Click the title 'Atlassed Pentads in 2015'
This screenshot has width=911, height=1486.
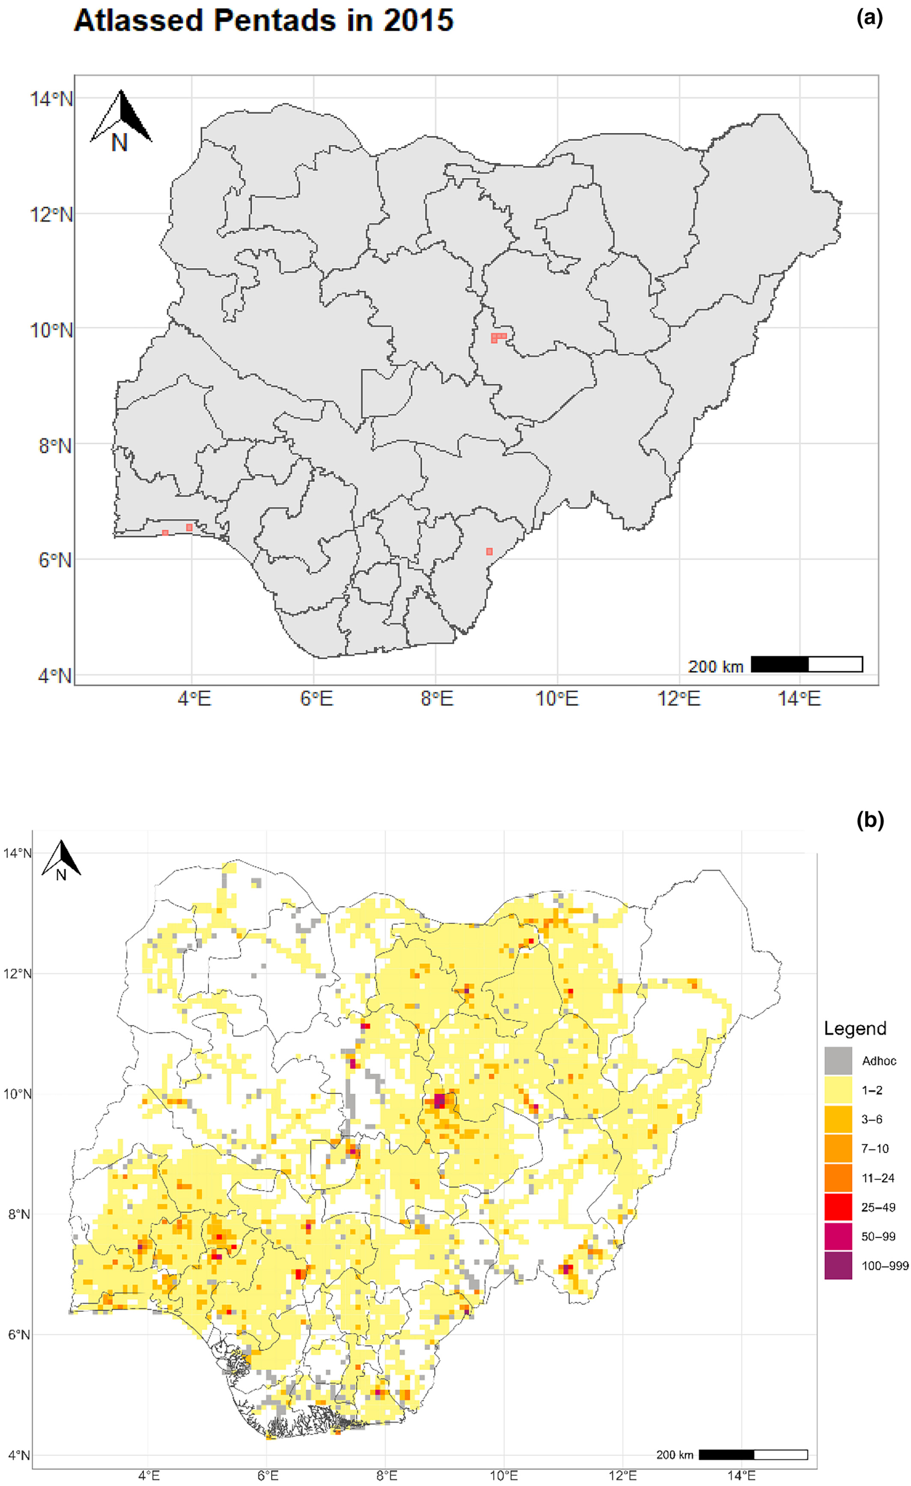[x=263, y=21]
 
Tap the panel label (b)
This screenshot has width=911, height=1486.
[x=870, y=820]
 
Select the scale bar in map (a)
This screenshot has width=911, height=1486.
[x=807, y=664]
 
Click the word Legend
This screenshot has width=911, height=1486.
[x=855, y=1028]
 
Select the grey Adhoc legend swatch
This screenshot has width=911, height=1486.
[x=838, y=1061]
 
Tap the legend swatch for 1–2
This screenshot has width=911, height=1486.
[x=838, y=1090]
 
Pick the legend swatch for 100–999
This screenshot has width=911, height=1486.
[x=838, y=1266]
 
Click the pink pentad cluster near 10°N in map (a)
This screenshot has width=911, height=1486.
[x=498, y=337]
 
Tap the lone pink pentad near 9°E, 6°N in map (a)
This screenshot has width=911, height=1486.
[x=489, y=551]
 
